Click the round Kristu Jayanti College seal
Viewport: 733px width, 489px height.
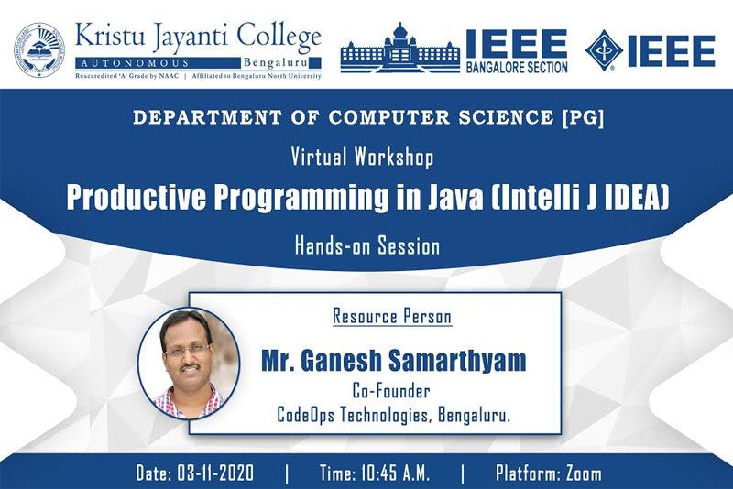[39, 50]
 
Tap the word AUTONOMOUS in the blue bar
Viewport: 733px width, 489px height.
[135, 63]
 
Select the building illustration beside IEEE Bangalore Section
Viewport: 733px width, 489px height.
[400, 49]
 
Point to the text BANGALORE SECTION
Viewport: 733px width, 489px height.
[517, 68]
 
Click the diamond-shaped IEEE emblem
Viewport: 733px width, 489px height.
[604, 50]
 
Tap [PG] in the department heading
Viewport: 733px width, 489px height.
[584, 117]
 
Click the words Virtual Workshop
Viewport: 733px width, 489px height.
[362, 157]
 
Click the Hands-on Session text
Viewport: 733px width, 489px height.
[367, 246]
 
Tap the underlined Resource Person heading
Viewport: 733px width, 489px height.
[392, 316]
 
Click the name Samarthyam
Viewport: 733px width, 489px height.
[457, 361]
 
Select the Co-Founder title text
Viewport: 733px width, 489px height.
[391, 391]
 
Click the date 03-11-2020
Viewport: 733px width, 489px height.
[215, 473]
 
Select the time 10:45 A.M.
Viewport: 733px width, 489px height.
[395, 473]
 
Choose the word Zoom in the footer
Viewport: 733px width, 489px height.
[584, 473]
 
